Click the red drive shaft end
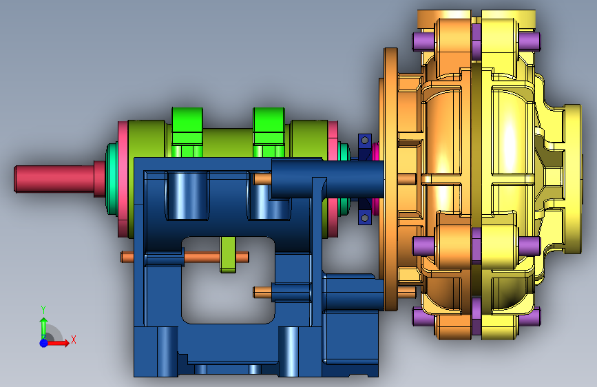pos(54,178)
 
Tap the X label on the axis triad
pos(74,339)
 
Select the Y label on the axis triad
pos(43,310)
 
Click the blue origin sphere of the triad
pos(44,343)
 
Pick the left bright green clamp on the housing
pos(187,132)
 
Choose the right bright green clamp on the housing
pos(269,132)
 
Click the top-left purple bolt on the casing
pos(423,41)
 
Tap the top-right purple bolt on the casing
pos(530,41)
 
